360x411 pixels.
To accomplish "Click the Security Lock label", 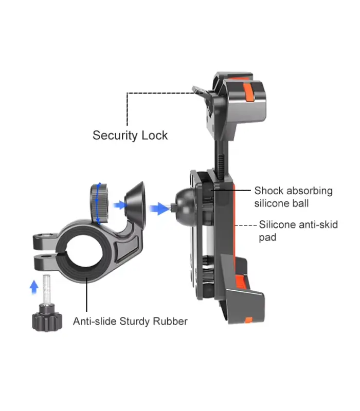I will pyautogui.click(x=130, y=135).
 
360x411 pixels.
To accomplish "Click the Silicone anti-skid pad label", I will pyautogui.click(x=298, y=231).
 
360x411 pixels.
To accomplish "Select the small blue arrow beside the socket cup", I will pyautogui.click(x=120, y=205).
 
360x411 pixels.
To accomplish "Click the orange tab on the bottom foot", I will pyautogui.click(x=241, y=282).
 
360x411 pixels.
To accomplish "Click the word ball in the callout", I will pyautogui.click(x=300, y=203).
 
